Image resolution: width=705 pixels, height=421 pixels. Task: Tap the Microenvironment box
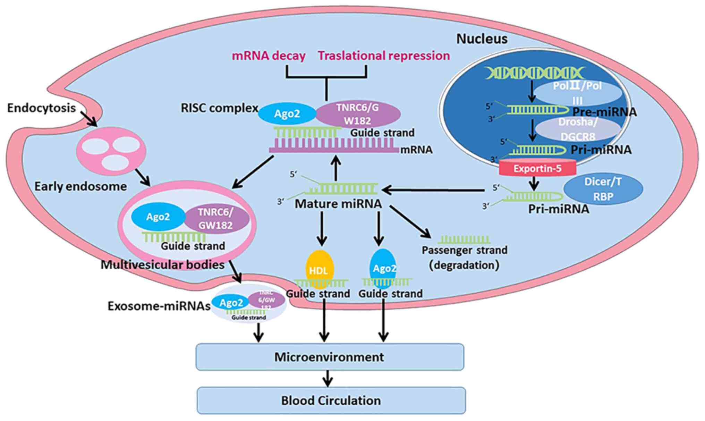click(330, 357)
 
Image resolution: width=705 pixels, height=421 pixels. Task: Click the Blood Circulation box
click(331, 401)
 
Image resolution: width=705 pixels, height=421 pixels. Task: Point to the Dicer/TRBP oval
click(603, 189)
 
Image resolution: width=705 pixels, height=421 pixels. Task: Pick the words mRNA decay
click(269, 56)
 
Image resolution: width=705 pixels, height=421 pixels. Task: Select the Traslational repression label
click(384, 56)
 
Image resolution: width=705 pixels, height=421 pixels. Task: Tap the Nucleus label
click(482, 39)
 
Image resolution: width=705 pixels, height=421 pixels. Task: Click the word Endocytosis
click(41, 108)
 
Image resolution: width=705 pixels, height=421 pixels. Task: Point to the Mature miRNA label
click(338, 204)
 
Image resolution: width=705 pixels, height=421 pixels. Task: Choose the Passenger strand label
click(464, 250)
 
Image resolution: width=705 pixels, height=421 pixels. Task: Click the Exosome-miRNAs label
click(159, 306)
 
